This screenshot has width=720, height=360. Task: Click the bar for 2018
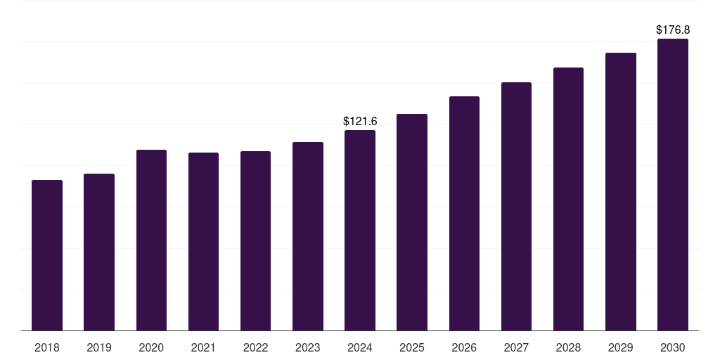point(47,255)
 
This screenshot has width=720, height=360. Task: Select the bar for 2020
point(151,240)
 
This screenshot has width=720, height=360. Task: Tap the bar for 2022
point(255,240)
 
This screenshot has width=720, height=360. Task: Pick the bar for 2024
point(360,230)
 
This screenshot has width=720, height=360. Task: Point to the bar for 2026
point(464,213)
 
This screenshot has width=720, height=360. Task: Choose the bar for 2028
point(568,199)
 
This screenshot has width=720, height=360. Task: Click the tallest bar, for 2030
point(673,184)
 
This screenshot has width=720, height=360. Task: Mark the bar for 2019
point(99,252)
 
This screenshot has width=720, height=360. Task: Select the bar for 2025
point(412,222)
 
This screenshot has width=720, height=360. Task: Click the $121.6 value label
point(360,122)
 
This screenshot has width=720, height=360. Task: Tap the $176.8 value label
point(673,30)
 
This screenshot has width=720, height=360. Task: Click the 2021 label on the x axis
point(203,347)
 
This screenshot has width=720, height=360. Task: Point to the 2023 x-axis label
point(308,347)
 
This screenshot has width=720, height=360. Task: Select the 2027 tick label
point(516,347)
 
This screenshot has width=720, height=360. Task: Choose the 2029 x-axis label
point(621,347)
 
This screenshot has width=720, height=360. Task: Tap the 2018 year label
point(47,347)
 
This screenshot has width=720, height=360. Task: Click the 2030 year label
point(673,347)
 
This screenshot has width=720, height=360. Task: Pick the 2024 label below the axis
point(360,347)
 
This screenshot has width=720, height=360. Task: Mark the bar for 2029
point(621,191)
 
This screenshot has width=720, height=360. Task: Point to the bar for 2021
point(203,241)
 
